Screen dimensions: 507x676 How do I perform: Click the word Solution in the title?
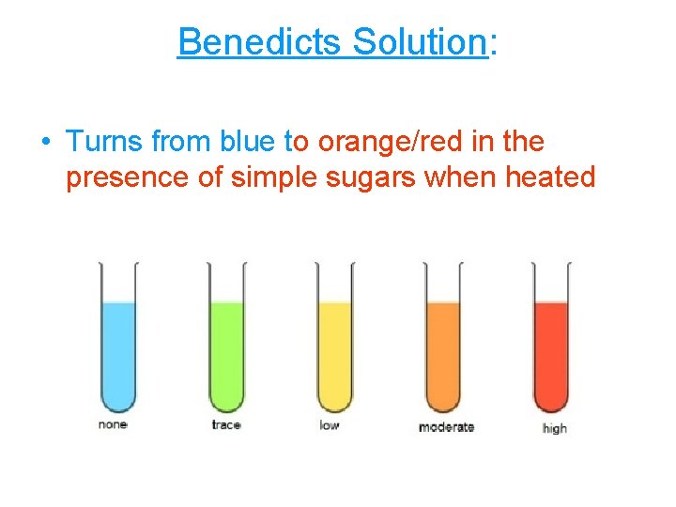(419, 42)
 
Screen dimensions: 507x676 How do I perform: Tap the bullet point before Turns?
(45, 143)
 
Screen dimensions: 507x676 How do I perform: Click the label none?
(113, 425)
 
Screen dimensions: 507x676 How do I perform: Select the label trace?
(226, 425)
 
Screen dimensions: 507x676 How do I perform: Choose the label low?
(329, 426)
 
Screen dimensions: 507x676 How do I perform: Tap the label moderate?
(446, 427)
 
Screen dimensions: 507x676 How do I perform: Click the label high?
(555, 429)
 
